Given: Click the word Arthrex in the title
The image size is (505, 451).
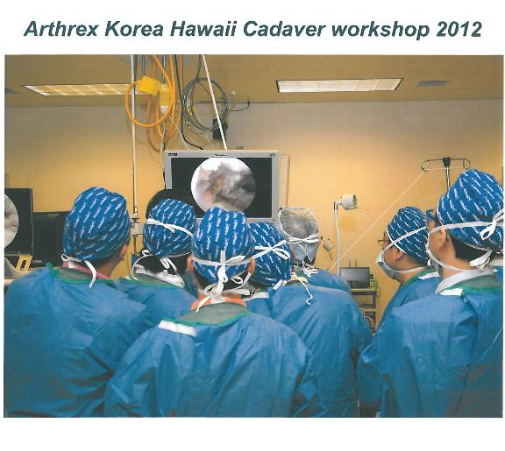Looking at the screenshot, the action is (60, 29).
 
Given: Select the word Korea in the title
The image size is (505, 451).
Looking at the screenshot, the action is (134, 29).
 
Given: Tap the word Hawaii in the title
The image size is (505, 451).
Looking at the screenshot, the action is (204, 29).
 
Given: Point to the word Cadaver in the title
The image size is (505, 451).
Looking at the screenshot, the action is (284, 29).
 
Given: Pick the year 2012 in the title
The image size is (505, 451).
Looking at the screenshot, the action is (459, 29).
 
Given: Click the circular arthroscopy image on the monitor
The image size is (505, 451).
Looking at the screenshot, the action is (224, 184).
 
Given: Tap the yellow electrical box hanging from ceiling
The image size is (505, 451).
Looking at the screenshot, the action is (148, 85).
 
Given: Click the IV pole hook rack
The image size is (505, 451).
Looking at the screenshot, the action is (445, 164).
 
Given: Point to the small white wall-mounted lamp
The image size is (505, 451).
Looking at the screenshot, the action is (347, 201).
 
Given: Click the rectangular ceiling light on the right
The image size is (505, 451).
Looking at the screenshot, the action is (339, 85).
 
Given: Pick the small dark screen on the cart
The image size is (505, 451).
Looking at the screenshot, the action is (355, 278).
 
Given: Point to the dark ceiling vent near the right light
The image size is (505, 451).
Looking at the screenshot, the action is (432, 84).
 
